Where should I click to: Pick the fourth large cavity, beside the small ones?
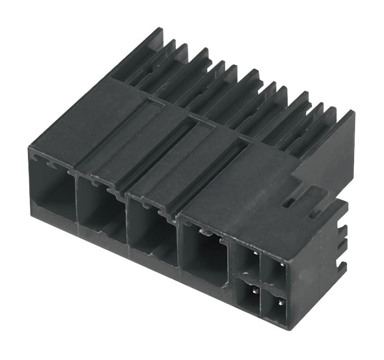tap(205, 253)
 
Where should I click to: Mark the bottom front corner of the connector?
tap(287, 327)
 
